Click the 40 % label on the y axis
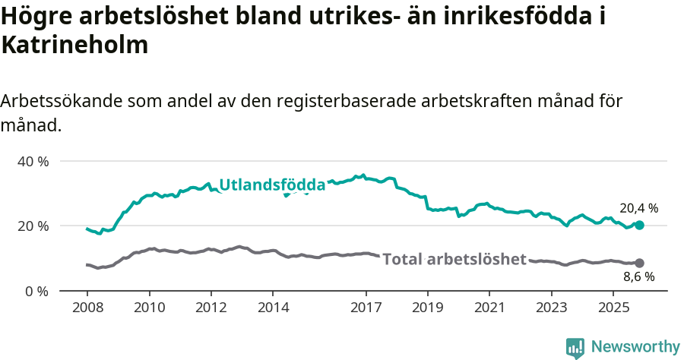(x=33, y=161)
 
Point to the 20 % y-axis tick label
(x=33, y=226)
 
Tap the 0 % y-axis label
(x=36, y=291)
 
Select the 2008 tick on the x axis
(x=87, y=309)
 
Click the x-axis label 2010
(x=149, y=309)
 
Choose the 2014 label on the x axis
(x=273, y=309)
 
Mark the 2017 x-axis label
(x=366, y=309)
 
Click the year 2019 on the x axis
(x=428, y=309)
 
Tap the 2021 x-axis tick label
(x=489, y=309)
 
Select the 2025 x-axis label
(x=613, y=309)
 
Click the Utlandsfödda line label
(x=272, y=185)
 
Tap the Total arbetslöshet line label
(x=454, y=259)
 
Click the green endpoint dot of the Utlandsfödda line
(x=639, y=225)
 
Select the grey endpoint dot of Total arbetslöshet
(x=639, y=263)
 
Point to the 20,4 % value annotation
(x=638, y=208)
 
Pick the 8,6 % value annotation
(x=638, y=277)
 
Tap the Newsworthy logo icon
(x=575, y=348)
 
